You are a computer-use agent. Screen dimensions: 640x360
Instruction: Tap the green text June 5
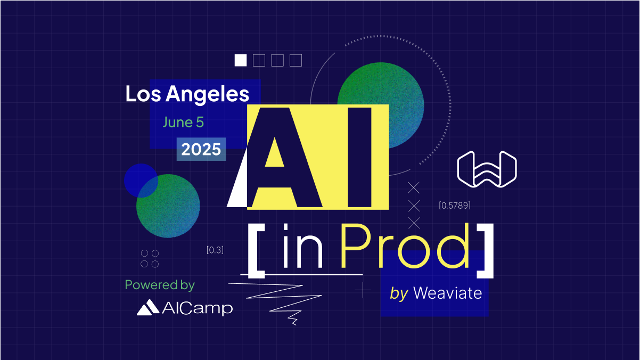[183, 122]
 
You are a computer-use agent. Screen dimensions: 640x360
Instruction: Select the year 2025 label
[201, 149]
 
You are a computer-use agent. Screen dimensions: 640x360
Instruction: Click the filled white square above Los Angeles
[241, 60]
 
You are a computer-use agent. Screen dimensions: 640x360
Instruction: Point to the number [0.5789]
[455, 206]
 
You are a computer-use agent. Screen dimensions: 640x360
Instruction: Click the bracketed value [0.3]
[215, 250]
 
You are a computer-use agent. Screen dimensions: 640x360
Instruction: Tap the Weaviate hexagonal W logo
[487, 169]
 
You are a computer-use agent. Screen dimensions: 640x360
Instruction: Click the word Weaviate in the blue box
[448, 293]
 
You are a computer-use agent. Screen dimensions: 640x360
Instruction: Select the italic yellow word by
[399, 294]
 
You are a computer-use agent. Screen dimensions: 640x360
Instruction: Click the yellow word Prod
[405, 246]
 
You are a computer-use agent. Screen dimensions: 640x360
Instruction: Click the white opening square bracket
[256, 251]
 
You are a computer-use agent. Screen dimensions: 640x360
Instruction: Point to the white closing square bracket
[485, 251]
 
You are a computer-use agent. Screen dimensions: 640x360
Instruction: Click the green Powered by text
[160, 285]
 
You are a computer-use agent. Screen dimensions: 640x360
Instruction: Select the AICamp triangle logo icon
[147, 307]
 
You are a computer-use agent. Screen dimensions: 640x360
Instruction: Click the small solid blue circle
[141, 181]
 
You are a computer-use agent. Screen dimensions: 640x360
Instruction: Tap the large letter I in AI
[359, 158]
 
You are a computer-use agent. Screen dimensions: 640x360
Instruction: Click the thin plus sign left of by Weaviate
[363, 290]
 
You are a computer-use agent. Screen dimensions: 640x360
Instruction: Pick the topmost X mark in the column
[413, 187]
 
